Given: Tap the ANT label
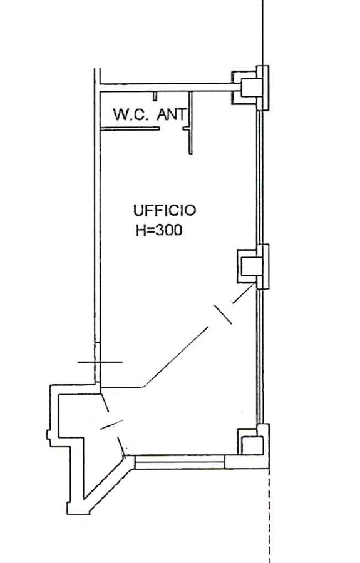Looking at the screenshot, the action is click(x=172, y=114).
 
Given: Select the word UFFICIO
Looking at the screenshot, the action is click(x=165, y=210).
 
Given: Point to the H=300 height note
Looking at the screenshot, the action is click(x=159, y=230).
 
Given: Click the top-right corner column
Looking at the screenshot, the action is click(x=250, y=88).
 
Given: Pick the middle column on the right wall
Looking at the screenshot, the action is click(x=253, y=266).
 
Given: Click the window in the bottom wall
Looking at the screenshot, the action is click(x=180, y=462).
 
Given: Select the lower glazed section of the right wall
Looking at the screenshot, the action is click(x=260, y=357).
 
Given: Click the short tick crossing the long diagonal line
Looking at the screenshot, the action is click(x=223, y=315).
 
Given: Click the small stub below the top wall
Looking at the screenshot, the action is click(x=155, y=96).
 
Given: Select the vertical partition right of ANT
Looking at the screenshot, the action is click(x=190, y=123).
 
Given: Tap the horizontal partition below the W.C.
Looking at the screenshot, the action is click(x=130, y=128).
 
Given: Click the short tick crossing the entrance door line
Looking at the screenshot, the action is click(x=111, y=424).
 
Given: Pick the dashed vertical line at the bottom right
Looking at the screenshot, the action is click(x=269, y=515).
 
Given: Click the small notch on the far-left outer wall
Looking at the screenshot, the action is click(x=48, y=434).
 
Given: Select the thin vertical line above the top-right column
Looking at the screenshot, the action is click(x=262, y=33).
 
